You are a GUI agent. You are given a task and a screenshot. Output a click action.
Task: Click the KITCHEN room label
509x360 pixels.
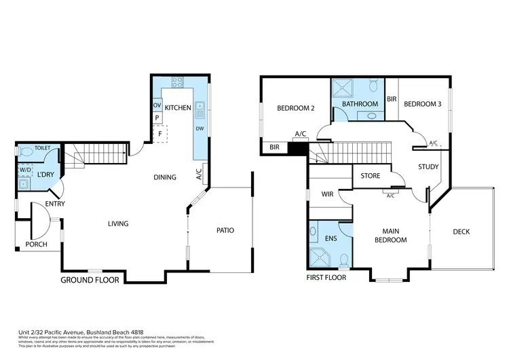click(177, 107)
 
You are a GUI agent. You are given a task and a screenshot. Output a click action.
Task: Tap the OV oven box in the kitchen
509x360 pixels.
click(157, 105)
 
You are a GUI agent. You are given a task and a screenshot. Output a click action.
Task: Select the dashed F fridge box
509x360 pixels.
click(160, 134)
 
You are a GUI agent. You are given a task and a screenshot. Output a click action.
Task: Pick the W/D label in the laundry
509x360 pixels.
click(25, 170)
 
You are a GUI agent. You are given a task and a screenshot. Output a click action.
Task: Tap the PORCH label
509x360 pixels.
click(36, 245)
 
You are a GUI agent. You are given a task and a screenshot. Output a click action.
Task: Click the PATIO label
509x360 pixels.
click(225, 230)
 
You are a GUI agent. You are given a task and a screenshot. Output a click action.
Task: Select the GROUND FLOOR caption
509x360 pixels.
click(90, 279)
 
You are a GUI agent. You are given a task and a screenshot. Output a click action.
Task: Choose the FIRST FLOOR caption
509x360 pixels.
click(326, 278)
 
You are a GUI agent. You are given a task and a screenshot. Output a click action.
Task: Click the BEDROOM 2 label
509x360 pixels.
click(295, 108)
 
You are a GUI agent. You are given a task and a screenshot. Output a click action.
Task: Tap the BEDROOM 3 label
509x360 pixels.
click(422, 104)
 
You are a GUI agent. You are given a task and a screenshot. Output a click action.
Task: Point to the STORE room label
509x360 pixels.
click(370, 176)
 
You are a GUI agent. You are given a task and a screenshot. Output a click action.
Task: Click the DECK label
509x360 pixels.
click(461, 232)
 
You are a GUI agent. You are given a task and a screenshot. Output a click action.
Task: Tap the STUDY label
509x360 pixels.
click(428, 166)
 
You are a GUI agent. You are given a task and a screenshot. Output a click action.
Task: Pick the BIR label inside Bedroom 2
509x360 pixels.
click(274, 147)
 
